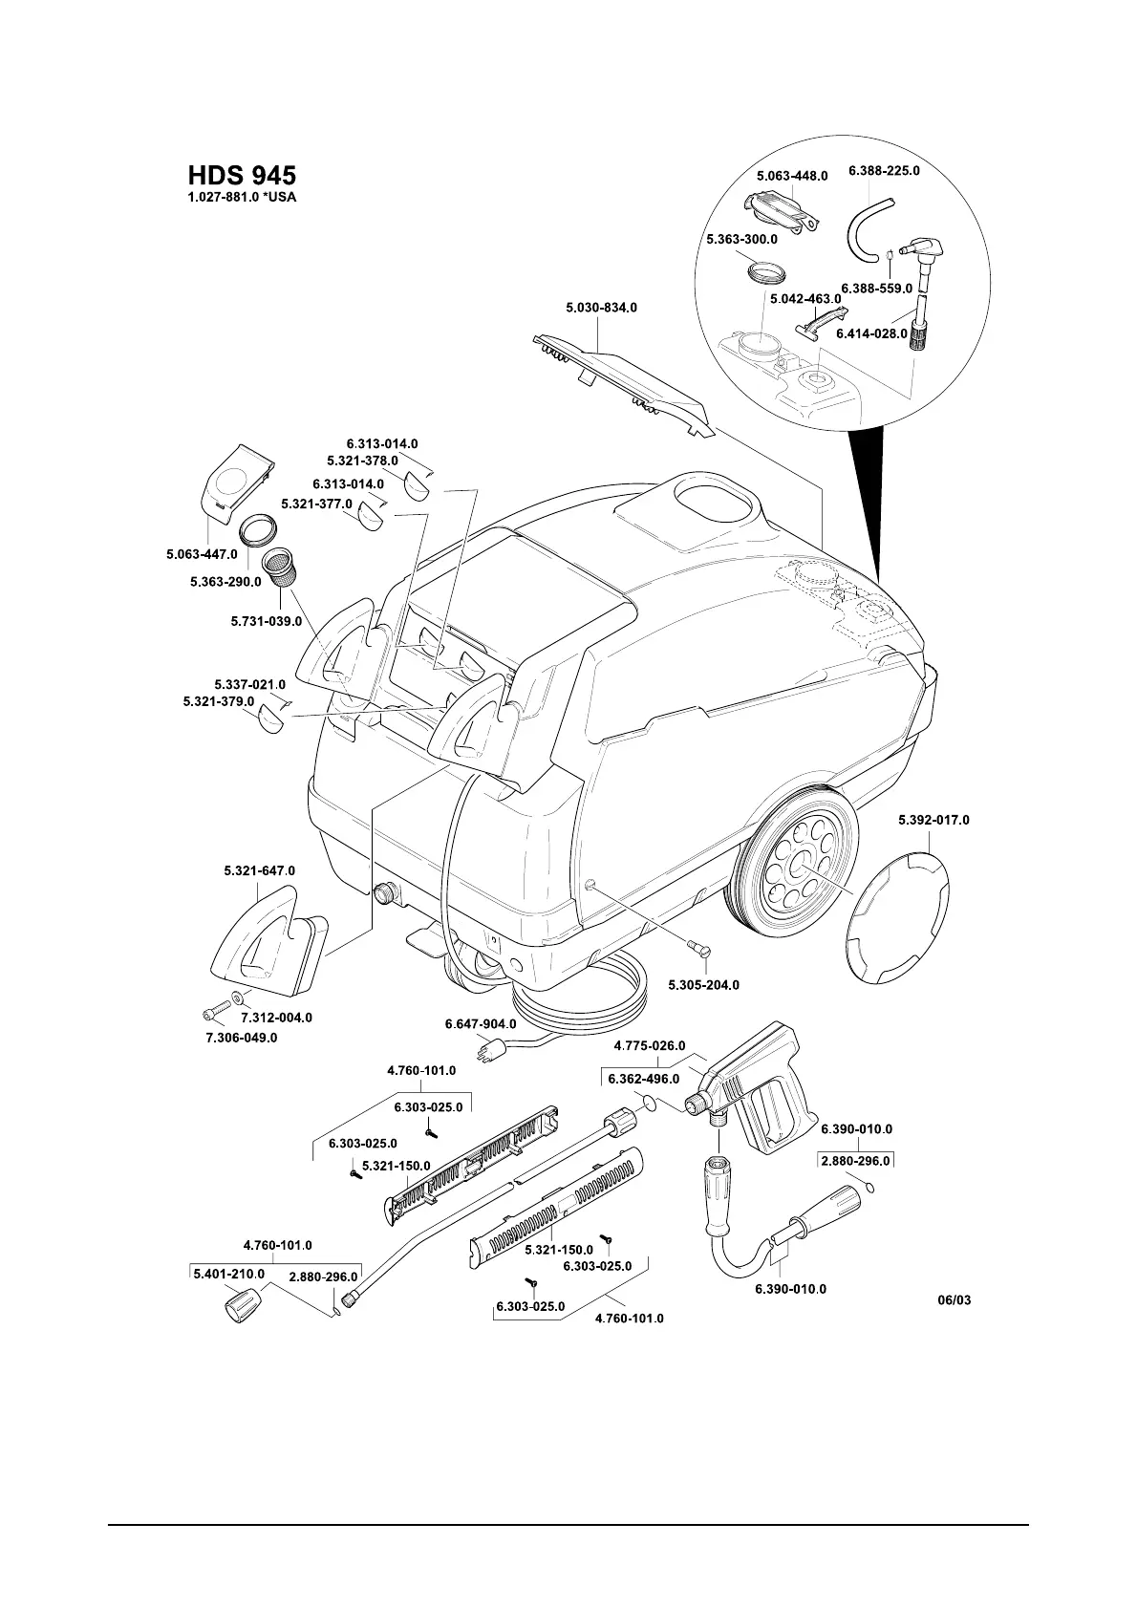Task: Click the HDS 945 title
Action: click(242, 176)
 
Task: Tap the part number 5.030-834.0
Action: click(601, 308)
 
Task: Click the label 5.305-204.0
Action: click(703, 985)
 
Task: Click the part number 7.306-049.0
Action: click(242, 1038)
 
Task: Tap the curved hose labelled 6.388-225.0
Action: click(866, 229)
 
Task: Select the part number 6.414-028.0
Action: click(871, 334)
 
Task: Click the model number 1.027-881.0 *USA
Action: click(243, 199)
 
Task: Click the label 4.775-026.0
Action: click(650, 1045)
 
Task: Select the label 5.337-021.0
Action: click(249, 684)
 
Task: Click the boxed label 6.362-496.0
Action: click(644, 1079)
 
